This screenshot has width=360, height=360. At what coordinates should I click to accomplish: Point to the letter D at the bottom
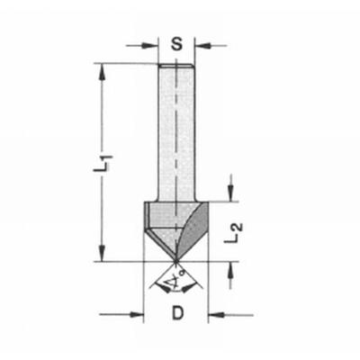point(177,314)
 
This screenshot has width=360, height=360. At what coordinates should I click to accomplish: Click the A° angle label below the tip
point(176,285)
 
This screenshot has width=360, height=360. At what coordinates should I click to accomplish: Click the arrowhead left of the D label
point(139,314)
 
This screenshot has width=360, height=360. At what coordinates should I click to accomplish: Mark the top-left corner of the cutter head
point(144,202)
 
